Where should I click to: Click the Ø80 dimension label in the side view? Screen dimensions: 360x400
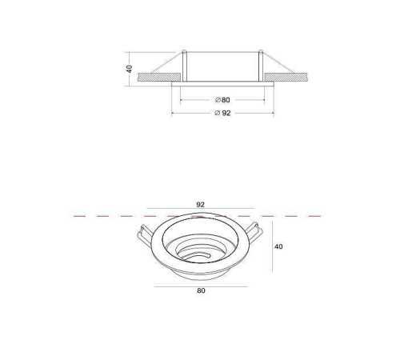[x=222, y=99]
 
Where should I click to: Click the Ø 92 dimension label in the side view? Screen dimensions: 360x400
[x=222, y=113]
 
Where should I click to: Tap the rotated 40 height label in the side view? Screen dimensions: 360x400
[x=129, y=70]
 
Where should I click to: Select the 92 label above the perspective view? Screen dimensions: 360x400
[x=201, y=205]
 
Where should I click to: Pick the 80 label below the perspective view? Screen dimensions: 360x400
[x=201, y=290]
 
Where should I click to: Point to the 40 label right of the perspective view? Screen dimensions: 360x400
[x=278, y=247]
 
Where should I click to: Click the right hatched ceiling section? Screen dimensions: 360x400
[x=290, y=78]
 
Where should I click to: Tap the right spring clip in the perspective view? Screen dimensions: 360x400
[x=255, y=233]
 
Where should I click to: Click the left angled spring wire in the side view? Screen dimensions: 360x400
[x=166, y=64]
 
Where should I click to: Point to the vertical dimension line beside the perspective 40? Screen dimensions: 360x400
[x=269, y=247]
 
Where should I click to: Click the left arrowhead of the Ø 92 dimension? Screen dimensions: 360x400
[x=174, y=113]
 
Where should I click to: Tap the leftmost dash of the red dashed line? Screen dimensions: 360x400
[x=78, y=216]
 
